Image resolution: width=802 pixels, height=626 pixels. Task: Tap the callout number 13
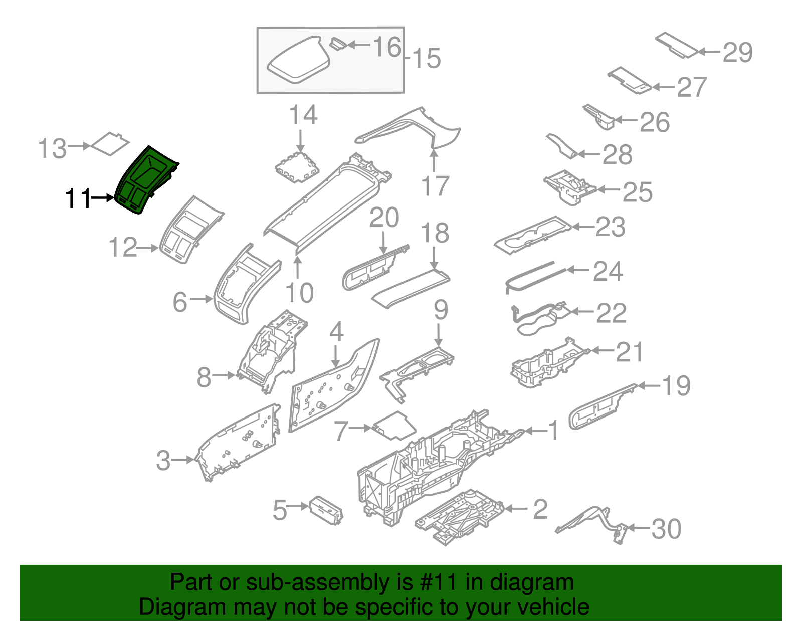point(52,149)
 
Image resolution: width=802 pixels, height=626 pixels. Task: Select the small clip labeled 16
point(337,44)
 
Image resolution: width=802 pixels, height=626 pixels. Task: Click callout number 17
point(435,186)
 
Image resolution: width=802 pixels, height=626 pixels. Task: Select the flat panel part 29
point(676,45)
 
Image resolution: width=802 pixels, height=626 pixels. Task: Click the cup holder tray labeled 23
point(532,235)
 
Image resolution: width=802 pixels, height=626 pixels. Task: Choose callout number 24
point(608,271)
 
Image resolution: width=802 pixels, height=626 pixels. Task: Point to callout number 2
point(540,509)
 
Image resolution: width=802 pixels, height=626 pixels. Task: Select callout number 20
point(384,218)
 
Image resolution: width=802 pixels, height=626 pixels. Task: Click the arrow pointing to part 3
point(183,459)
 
